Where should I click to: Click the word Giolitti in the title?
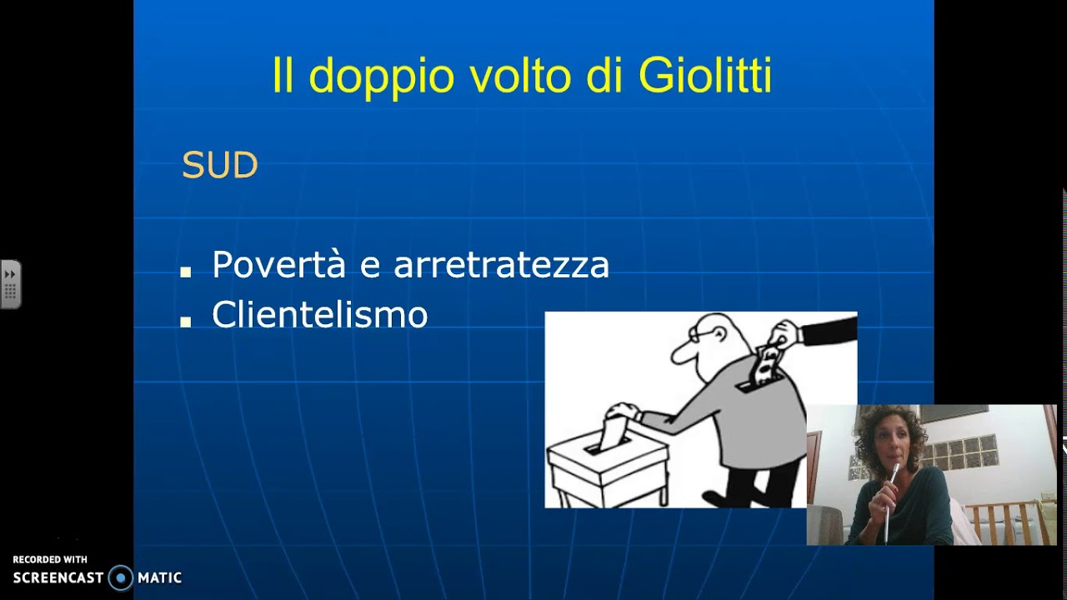(x=705, y=76)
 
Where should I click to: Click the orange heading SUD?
(x=219, y=166)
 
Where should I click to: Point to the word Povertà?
(x=278, y=265)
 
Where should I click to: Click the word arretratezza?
(x=501, y=266)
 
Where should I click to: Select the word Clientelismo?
(x=319, y=315)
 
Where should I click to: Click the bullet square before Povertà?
(x=186, y=272)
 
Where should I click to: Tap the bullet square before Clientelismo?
(x=186, y=322)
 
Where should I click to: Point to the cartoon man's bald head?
(x=717, y=329)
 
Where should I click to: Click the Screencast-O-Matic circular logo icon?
(x=121, y=577)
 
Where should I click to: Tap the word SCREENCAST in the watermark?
(x=58, y=577)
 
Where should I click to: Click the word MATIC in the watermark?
(x=159, y=577)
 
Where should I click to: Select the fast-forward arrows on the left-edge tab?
(x=10, y=274)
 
